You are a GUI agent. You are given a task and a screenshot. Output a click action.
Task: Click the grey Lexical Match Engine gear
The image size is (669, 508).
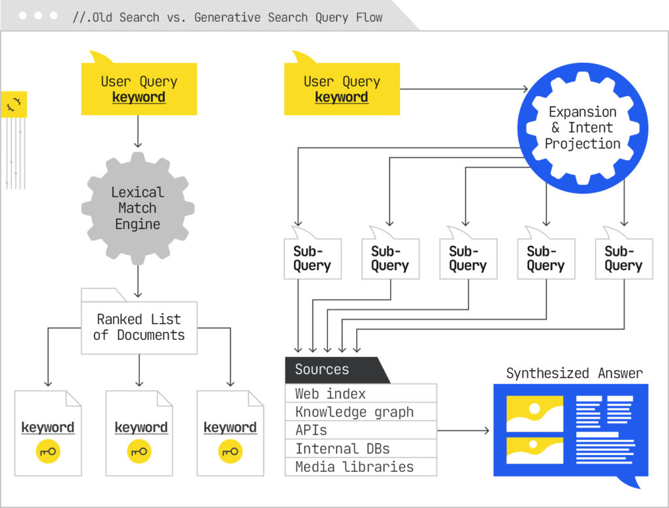[137, 208]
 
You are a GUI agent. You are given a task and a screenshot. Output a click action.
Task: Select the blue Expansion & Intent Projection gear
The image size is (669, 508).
[582, 127]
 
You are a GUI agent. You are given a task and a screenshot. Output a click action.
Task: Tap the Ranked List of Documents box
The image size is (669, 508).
[139, 328]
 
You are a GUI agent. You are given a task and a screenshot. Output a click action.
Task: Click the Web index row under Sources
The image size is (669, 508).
[361, 394]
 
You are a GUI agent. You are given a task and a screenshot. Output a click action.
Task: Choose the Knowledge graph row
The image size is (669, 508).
[361, 412]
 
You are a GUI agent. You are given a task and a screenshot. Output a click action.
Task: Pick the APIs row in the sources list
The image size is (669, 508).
[361, 430]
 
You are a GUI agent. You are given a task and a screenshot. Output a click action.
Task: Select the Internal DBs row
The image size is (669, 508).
[361, 449]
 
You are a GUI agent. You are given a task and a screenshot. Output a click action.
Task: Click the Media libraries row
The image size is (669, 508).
[361, 467]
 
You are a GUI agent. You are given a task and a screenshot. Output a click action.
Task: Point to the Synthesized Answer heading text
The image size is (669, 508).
[574, 373]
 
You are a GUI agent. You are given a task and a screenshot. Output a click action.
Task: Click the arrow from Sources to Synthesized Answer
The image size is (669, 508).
[464, 430]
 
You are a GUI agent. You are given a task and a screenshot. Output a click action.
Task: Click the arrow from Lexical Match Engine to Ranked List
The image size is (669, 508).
[138, 282]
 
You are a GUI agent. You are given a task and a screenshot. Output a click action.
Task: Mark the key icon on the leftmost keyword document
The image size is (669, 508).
[48, 451]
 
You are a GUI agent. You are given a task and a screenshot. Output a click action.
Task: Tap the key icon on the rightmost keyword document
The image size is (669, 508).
[230, 451]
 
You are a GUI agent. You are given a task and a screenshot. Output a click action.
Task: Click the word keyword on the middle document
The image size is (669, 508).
[141, 428]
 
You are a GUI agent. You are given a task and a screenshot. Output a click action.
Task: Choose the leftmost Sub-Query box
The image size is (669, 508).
[312, 259]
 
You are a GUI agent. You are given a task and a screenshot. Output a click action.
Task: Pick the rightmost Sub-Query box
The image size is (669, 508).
[623, 259]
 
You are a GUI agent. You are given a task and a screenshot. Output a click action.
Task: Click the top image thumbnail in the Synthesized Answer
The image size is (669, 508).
[534, 413]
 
